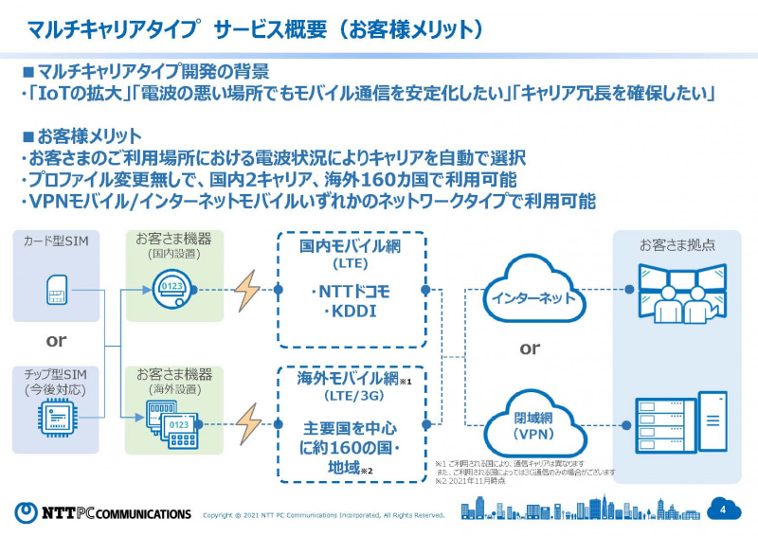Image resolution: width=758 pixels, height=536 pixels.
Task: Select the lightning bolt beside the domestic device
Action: [x=247, y=290]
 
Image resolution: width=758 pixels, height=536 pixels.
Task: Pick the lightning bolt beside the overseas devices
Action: [x=247, y=423]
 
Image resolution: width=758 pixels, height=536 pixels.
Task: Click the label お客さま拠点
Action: [x=677, y=244]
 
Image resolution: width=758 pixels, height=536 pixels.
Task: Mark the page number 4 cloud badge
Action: [x=723, y=509]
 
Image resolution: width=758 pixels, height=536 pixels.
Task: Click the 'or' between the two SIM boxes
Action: [x=56, y=340]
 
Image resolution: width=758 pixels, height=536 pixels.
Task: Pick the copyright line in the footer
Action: [x=324, y=515]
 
